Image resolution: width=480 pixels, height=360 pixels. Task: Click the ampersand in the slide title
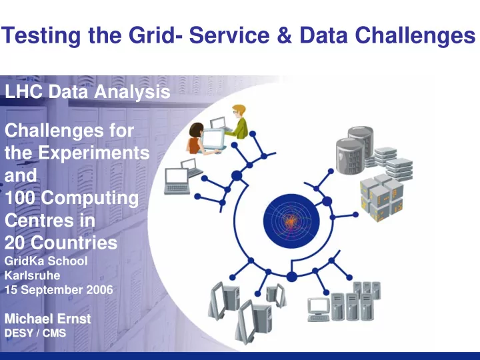click(285, 35)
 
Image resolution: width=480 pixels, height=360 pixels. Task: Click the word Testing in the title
click(41, 36)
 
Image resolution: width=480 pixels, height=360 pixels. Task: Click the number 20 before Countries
click(15, 243)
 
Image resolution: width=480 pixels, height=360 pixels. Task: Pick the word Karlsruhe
click(32, 275)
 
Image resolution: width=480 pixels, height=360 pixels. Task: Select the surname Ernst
click(74, 319)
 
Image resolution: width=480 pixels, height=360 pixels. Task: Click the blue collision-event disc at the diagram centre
click(291, 221)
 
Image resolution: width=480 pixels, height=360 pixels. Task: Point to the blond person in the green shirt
click(239, 121)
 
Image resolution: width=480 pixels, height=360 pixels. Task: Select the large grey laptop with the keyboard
click(177, 181)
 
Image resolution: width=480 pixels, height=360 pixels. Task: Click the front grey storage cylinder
click(350, 157)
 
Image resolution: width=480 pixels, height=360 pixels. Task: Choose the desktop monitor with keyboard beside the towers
click(319, 309)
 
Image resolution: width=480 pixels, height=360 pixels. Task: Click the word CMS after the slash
click(54, 333)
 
